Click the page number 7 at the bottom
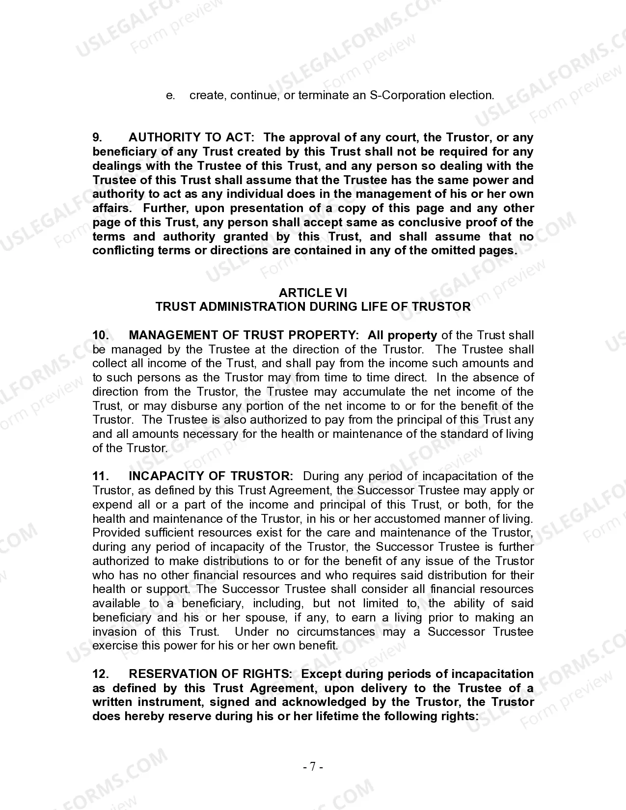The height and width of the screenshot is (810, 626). tap(313, 766)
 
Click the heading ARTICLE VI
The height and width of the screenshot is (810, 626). tap(313, 293)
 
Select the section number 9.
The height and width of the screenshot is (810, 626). tap(97, 137)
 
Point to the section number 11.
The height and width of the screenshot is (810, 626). tap(100, 476)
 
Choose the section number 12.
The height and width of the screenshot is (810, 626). tap(100, 674)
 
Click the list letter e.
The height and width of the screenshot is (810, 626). tap(170, 95)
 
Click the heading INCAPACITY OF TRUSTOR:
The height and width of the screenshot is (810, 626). tap(211, 476)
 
